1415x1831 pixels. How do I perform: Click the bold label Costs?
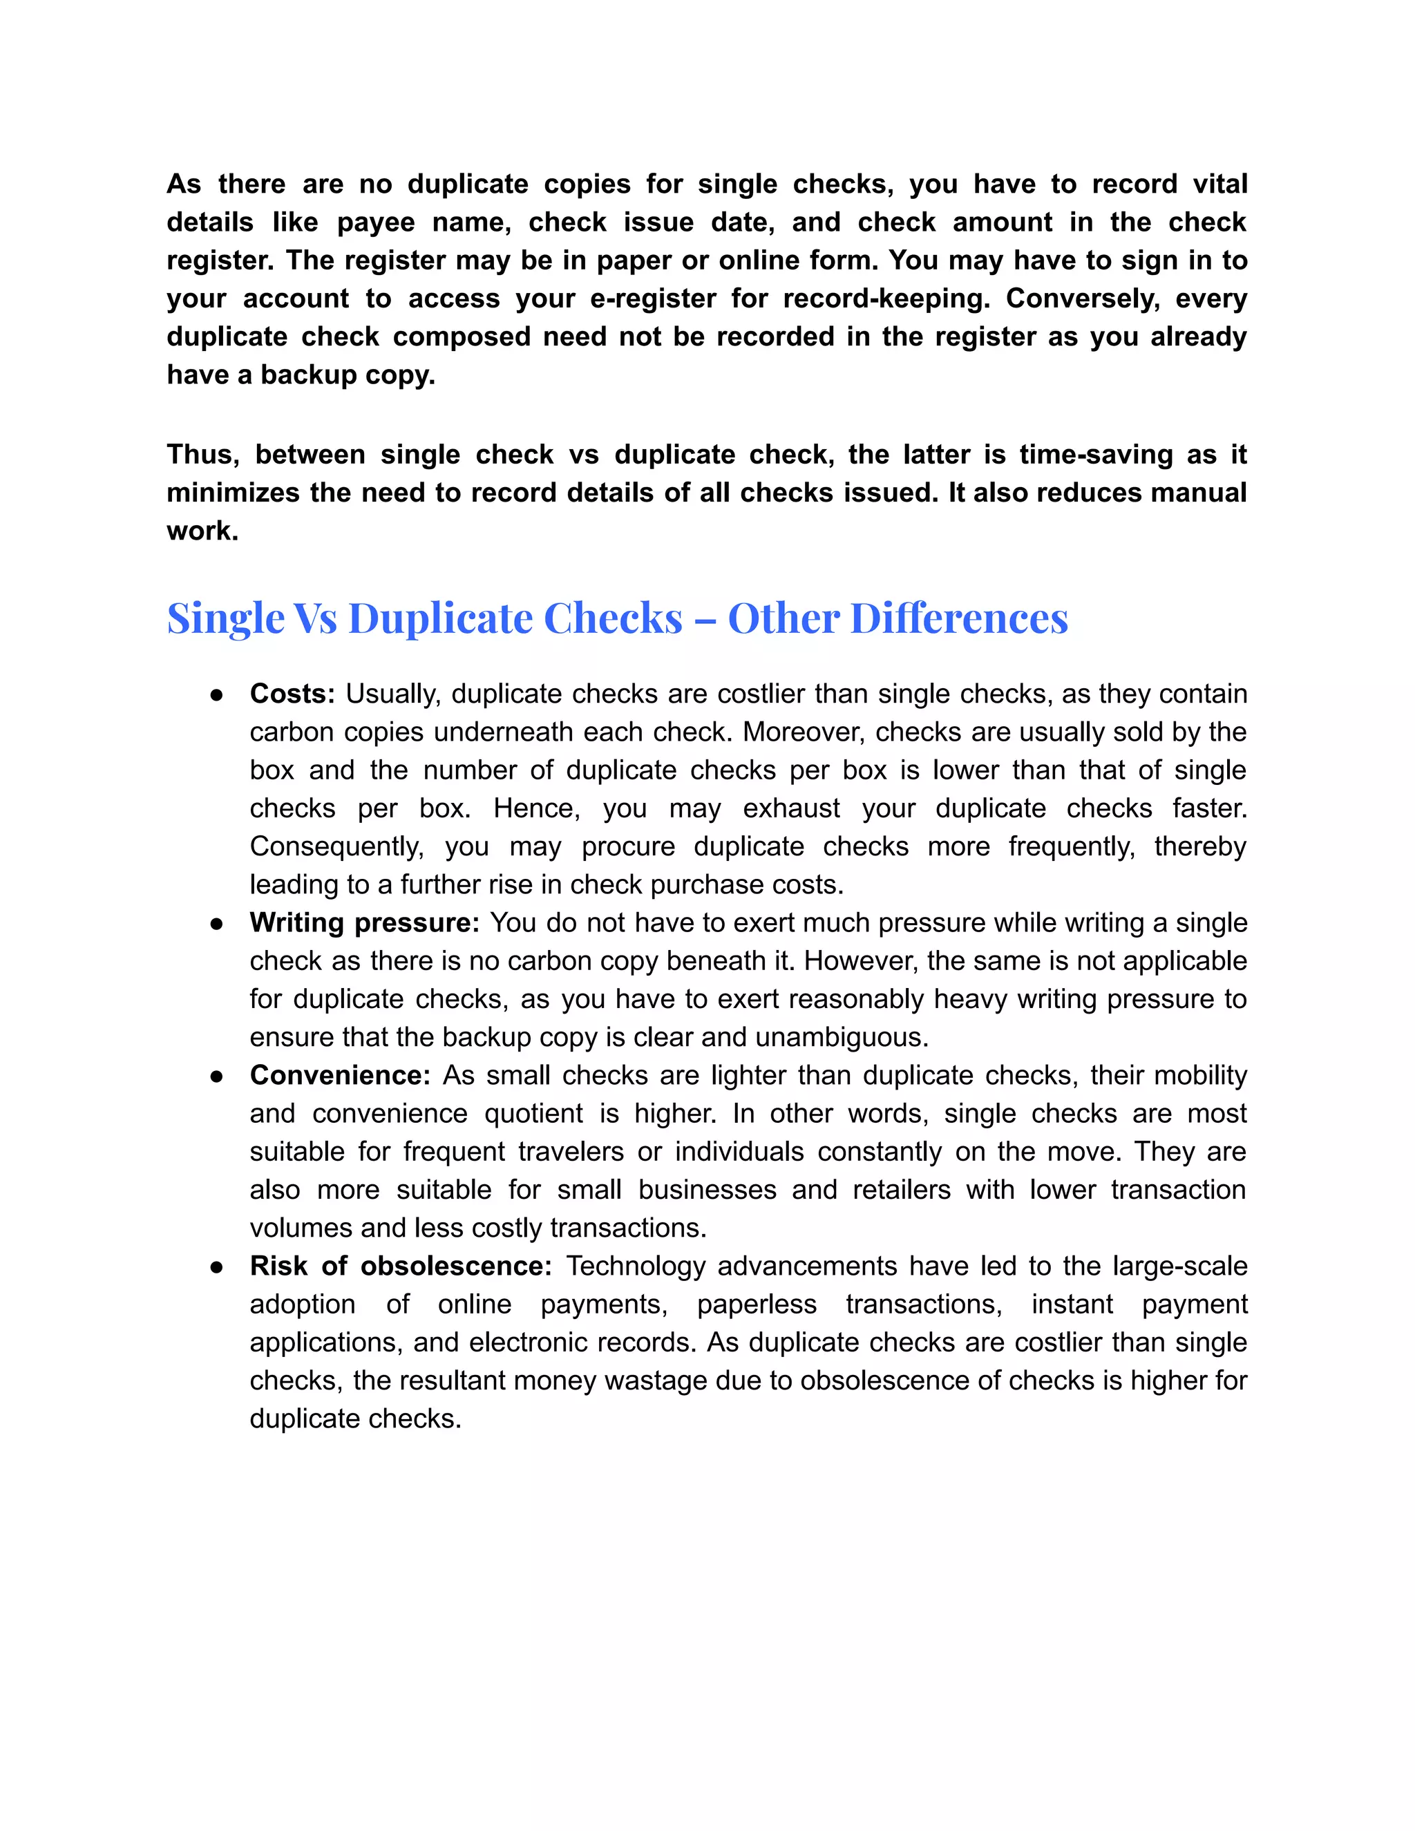292,694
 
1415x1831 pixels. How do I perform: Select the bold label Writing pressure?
364,923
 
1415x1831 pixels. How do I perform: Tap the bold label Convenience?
339,1076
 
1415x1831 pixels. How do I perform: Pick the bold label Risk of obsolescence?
401,1266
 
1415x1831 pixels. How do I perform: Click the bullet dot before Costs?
216,695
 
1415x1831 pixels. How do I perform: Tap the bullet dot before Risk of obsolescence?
216,1266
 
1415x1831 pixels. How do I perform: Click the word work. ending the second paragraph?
202,531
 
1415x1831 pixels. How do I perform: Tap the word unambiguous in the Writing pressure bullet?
841,1037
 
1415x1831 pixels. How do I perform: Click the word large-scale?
1179,1266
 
